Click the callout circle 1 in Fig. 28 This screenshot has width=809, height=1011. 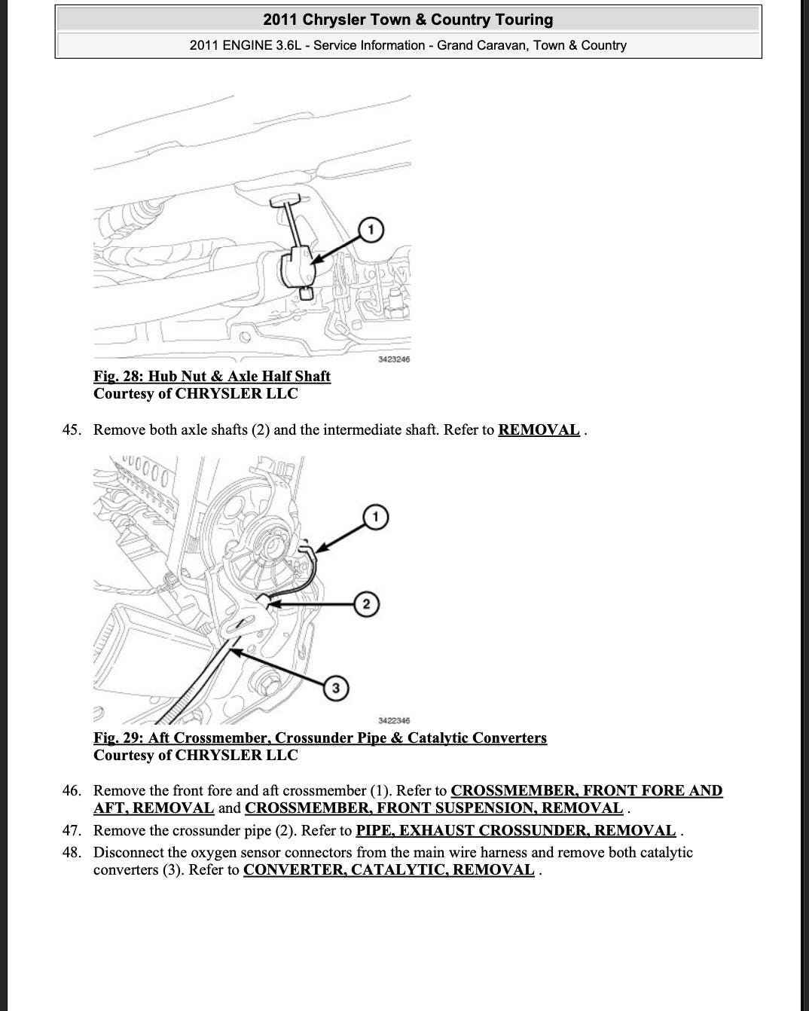(x=370, y=230)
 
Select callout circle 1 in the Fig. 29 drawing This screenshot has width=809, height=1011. (x=375, y=517)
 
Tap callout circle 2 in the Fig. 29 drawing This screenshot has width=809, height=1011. (x=366, y=604)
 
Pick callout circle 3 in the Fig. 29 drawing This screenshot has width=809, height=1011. (x=335, y=688)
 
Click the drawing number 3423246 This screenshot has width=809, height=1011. (x=394, y=359)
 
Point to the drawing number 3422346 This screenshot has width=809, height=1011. (x=394, y=721)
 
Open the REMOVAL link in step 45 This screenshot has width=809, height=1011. (x=539, y=430)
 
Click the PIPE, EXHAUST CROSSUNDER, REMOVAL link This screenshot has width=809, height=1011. (x=515, y=831)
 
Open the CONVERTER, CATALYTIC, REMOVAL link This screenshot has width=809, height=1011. (x=389, y=870)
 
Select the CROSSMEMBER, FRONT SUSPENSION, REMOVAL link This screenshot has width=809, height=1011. (x=434, y=808)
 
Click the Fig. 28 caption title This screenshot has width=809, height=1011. (x=212, y=376)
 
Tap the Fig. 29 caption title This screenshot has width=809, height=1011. (x=320, y=738)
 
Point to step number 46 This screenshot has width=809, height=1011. (x=71, y=791)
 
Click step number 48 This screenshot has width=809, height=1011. (x=71, y=853)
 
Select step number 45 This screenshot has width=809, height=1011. (x=71, y=430)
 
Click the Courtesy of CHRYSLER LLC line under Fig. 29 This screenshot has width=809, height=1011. (x=196, y=755)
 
